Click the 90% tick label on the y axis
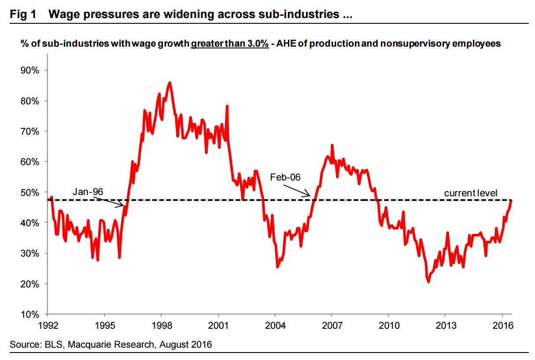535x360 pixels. click(30, 70)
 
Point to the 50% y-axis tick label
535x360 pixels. click(30, 192)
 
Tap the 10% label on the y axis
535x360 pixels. click(30, 314)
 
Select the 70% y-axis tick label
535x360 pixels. click(30, 132)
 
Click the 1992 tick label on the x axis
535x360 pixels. click(47, 326)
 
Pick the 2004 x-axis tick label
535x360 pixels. click(275, 326)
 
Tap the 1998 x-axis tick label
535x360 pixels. click(161, 326)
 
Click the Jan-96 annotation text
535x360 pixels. click(88, 192)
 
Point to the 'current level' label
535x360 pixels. click(470, 193)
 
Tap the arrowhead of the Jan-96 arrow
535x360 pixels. click(123, 205)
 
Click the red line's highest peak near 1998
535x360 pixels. click(170, 82)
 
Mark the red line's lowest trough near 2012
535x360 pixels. click(428, 282)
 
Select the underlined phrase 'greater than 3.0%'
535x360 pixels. click(230, 44)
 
